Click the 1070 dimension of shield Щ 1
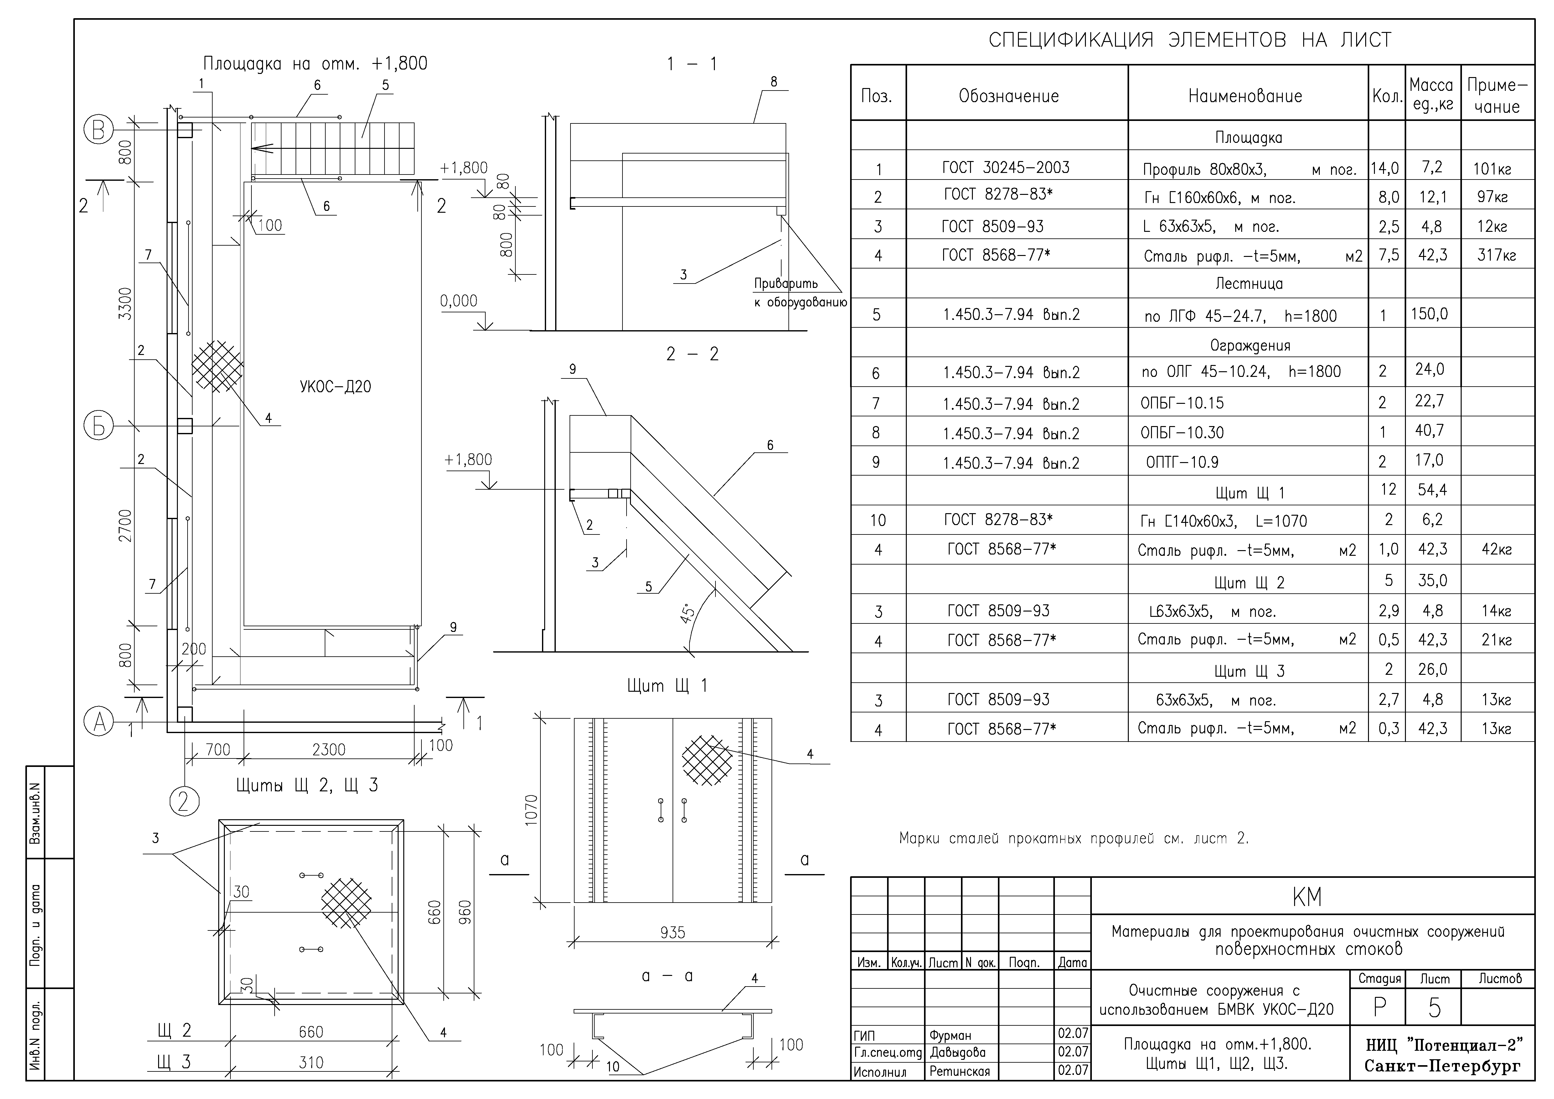[531, 809]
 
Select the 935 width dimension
[673, 932]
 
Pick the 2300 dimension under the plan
[329, 750]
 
